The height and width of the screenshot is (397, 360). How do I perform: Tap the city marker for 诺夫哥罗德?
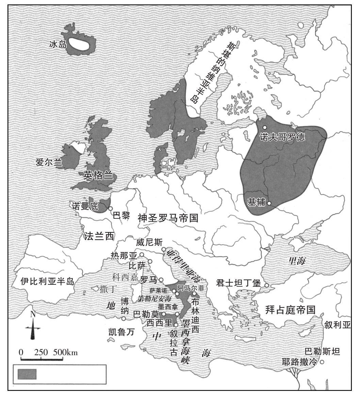[x=264, y=127]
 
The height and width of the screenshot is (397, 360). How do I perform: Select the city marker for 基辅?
[x=269, y=203]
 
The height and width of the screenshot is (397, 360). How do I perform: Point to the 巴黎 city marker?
[x=110, y=209]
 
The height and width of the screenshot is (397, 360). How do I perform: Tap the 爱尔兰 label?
[x=49, y=162]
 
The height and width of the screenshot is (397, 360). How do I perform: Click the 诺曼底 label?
[x=85, y=206]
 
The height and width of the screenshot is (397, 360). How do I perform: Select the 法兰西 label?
[x=99, y=236]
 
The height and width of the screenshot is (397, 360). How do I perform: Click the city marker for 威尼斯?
[x=164, y=249]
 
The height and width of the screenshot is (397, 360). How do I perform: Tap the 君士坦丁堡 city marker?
[x=267, y=285]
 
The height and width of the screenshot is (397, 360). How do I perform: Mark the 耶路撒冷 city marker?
[x=322, y=362]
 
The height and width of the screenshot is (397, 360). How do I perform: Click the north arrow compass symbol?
[x=33, y=329]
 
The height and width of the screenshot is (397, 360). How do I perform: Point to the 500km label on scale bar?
[x=65, y=352]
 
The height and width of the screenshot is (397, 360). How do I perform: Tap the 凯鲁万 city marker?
[x=124, y=318]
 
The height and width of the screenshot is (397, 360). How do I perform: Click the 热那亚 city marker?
[x=142, y=255]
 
